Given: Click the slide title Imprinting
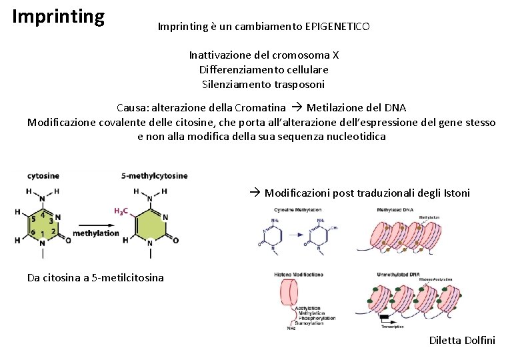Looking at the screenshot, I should [x=59, y=16].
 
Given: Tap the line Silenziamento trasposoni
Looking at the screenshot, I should [x=263, y=85].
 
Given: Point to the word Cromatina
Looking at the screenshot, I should [x=260, y=107].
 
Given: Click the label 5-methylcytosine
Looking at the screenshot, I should [x=154, y=176].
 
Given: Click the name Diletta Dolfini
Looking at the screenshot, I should [x=462, y=341].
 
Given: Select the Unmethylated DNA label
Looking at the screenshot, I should [x=398, y=275].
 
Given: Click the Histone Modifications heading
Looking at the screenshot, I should [x=299, y=275].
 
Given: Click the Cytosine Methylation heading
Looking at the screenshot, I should [x=299, y=211].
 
